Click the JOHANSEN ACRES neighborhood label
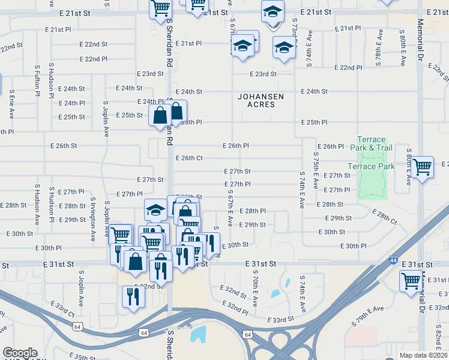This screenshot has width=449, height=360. coord(261,100)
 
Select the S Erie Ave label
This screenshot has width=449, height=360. coord(11,104)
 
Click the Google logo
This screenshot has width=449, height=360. coord(20,353)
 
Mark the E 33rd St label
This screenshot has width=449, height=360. coord(282,320)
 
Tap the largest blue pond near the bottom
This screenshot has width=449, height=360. coord(197,334)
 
